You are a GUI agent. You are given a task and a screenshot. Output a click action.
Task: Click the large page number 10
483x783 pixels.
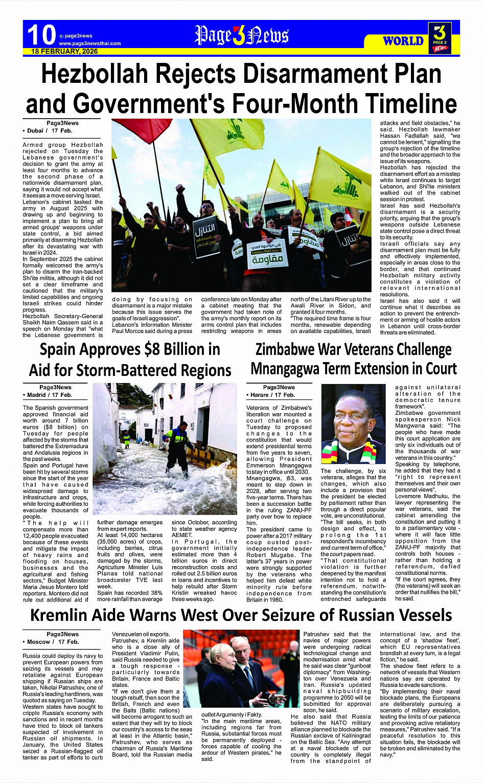coord(41,35)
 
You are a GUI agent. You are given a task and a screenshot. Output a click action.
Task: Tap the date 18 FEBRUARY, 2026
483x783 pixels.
coord(64,52)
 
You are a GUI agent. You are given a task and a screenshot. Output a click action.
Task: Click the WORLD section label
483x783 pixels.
coord(403,41)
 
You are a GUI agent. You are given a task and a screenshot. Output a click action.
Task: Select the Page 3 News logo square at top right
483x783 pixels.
coord(440,38)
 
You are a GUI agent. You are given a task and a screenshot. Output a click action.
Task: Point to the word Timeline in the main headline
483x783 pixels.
coord(399,104)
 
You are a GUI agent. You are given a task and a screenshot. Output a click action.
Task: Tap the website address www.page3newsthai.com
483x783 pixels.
coord(89,43)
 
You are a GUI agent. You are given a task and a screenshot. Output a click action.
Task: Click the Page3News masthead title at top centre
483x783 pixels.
coord(241,36)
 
